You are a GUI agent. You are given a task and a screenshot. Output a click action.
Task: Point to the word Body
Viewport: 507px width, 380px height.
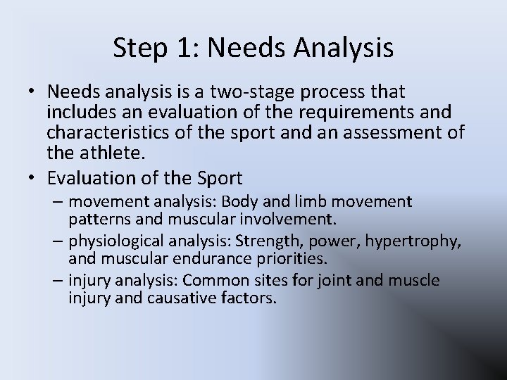pyautogui.click(x=232, y=203)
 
